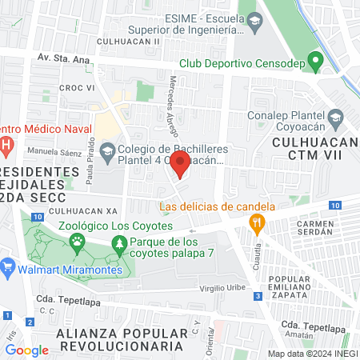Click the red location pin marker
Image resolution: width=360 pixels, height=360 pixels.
180,166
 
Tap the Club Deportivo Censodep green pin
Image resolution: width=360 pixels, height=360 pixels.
316,60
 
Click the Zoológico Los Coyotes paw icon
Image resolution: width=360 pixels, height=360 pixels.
78,240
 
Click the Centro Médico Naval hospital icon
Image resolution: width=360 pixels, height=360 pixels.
6,146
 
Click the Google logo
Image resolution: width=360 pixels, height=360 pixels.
26,350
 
